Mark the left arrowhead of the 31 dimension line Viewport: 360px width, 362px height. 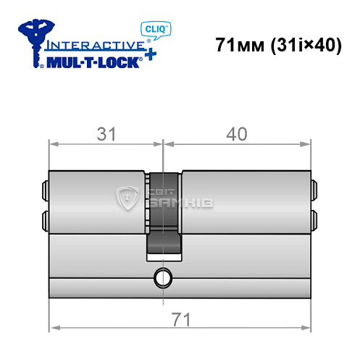point(53,143)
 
